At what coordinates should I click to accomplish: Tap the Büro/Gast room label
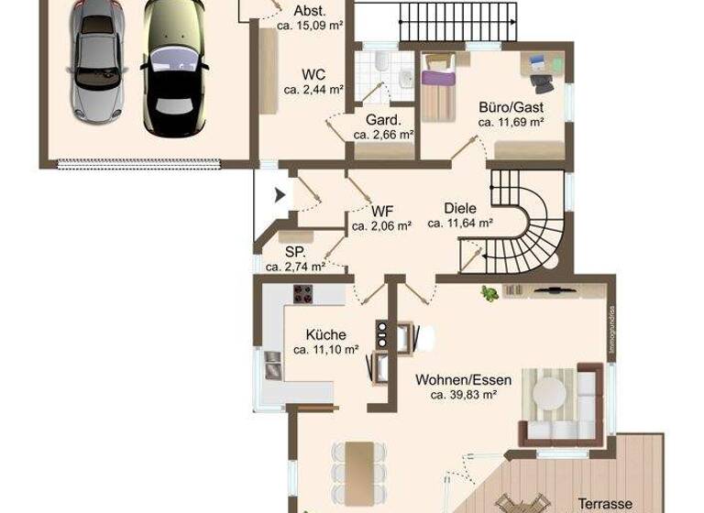(x=511, y=106)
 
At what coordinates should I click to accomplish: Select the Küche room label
(x=325, y=335)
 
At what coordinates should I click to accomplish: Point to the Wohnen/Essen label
(x=463, y=379)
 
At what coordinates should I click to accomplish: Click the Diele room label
(x=460, y=208)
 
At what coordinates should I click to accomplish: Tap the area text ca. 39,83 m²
(x=463, y=396)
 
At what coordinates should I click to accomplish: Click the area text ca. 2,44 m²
(x=313, y=90)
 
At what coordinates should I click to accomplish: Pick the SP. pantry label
(x=294, y=252)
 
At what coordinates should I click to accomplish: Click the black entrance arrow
(x=280, y=194)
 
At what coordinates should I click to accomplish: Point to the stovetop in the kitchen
(x=302, y=294)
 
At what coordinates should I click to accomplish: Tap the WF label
(x=381, y=208)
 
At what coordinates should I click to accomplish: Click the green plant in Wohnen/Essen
(x=489, y=294)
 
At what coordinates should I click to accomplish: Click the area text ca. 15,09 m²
(x=310, y=27)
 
